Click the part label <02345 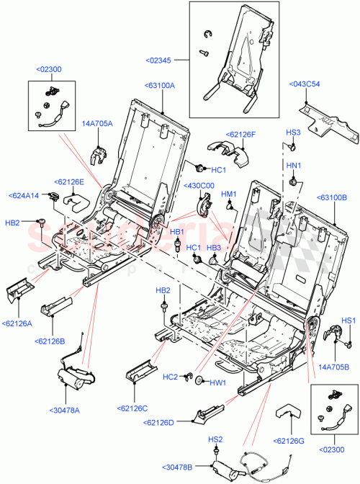pyautogui.click(x=163, y=62)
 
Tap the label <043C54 pyautogui.click(x=306, y=84)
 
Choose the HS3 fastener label pyautogui.click(x=293, y=133)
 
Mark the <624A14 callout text pyautogui.click(x=26, y=195)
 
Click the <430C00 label pyautogui.click(x=199, y=186)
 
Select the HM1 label pyautogui.click(x=229, y=194)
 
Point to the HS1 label pyautogui.click(x=348, y=320)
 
